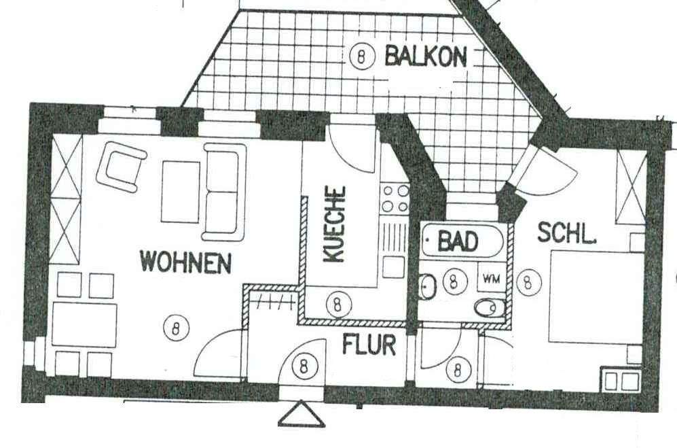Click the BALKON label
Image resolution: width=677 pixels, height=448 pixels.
pyautogui.click(x=426, y=56)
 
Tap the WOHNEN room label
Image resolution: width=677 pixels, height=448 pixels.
pyautogui.click(x=185, y=262)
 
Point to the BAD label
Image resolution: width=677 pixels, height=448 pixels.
pyautogui.click(x=458, y=240)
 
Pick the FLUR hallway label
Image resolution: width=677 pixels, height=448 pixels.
pyautogui.click(x=369, y=345)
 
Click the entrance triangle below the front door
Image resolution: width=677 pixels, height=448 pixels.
pyautogui.click(x=301, y=415)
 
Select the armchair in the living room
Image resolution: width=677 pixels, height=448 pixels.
pyautogui.click(x=122, y=167)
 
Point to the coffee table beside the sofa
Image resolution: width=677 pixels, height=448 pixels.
pyautogui.click(x=180, y=190)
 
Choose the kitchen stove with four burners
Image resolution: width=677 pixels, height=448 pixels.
pyautogui.click(x=394, y=197)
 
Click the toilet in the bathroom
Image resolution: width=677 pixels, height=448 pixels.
pyautogui.click(x=487, y=309)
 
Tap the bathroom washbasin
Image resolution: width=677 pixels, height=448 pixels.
pyautogui.click(x=428, y=286)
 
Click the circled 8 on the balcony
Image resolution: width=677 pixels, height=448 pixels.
pyautogui.click(x=363, y=56)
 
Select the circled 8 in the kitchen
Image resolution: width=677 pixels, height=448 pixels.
pyautogui.click(x=336, y=302)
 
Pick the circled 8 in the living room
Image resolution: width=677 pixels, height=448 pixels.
pyautogui.click(x=176, y=329)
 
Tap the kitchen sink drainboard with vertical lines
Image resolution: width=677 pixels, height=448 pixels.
pyautogui.click(x=392, y=237)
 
